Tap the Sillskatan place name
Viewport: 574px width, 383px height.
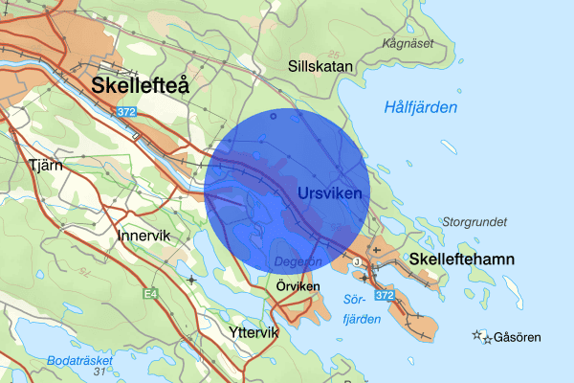[x=321, y=66]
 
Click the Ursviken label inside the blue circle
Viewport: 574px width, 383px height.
[x=330, y=194]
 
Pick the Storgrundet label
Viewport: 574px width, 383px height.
[x=475, y=221]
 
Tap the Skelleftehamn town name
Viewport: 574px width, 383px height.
[x=462, y=259]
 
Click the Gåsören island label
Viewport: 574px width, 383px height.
[x=517, y=338]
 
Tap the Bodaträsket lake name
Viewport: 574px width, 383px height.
[x=79, y=360]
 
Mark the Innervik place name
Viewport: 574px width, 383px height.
[x=143, y=235]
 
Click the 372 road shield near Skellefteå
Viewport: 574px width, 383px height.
[x=126, y=112]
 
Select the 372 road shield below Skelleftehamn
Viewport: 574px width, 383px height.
[x=385, y=298]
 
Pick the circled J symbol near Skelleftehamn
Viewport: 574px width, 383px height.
[x=356, y=261]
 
